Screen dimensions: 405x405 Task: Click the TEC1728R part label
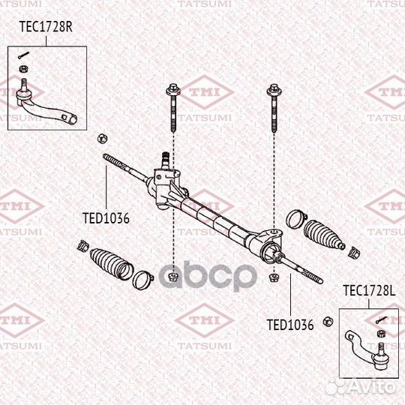click(44, 28)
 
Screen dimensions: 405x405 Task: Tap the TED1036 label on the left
click(106, 219)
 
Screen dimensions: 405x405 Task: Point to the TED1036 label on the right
click(290, 325)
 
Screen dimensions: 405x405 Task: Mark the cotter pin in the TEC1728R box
click(24, 55)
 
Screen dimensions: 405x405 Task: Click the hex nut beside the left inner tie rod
click(101, 139)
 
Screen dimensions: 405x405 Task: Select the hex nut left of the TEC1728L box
click(327, 322)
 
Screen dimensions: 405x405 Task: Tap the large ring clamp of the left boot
click(141, 281)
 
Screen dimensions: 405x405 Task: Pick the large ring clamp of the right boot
click(295, 220)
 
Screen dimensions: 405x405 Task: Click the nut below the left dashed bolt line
click(172, 277)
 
